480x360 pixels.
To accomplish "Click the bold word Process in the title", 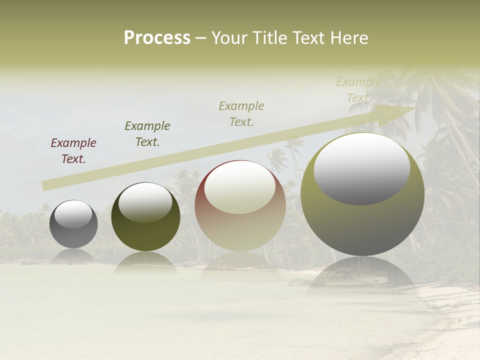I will point(157,38).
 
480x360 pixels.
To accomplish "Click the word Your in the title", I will point(230,38).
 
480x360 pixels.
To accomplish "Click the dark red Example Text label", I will point(73,151).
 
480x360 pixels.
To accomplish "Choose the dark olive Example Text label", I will point(147,134).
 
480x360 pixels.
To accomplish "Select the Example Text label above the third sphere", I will point(241,114).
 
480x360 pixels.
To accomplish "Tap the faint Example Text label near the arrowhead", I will point(358,90).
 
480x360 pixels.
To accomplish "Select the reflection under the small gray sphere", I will point(73,255).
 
